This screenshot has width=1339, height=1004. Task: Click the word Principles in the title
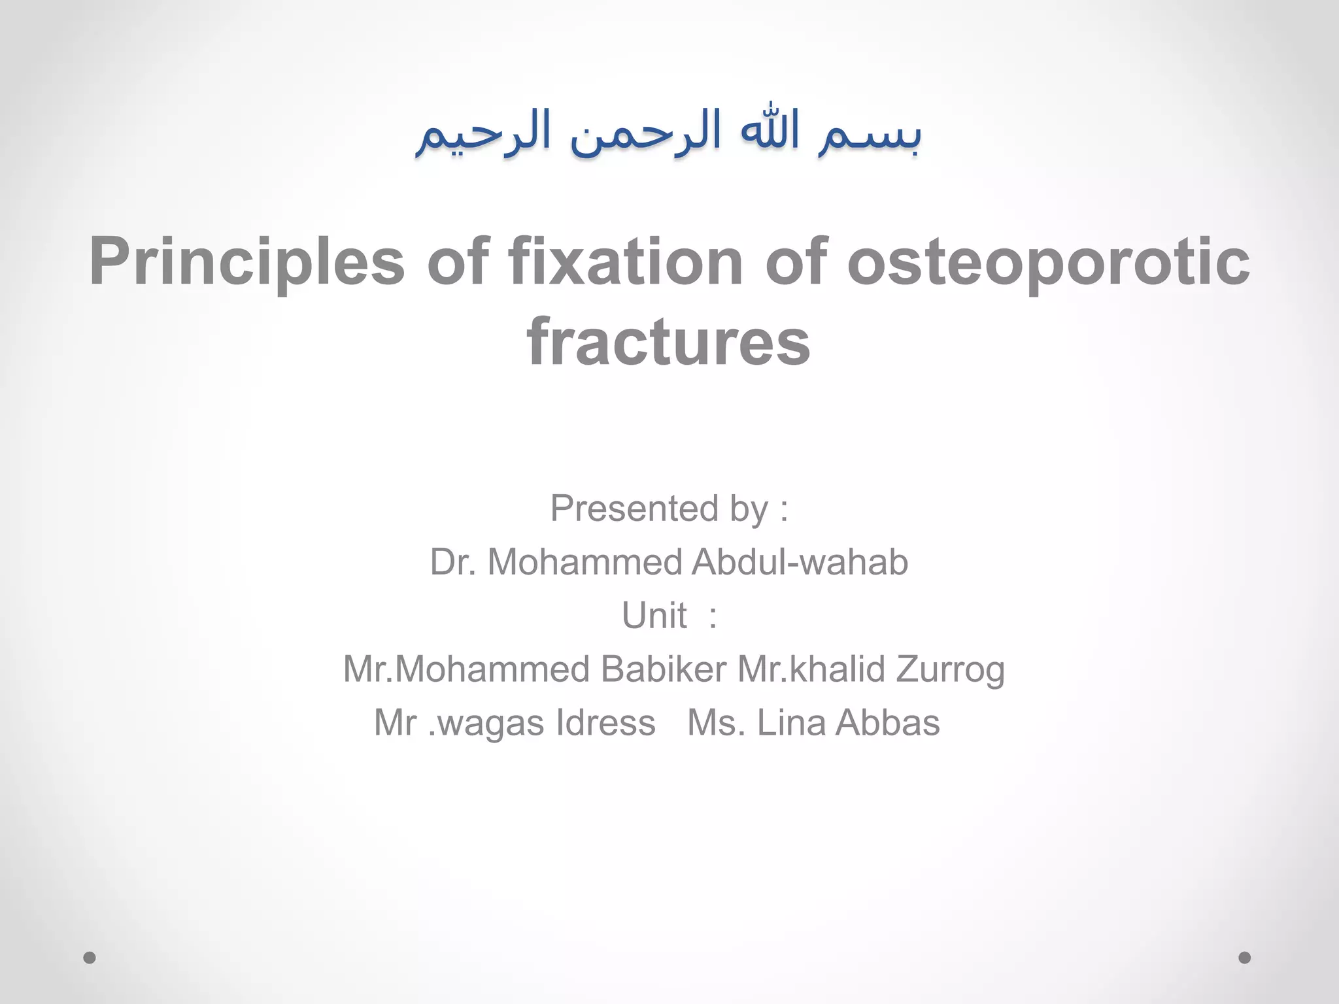pos(247,263)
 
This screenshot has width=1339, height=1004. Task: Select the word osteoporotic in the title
pos(1048,263)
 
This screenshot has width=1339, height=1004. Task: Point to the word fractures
pos(668,343)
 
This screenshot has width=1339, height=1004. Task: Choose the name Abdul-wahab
pos(799,562)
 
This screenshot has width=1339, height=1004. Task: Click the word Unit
pos(653,616)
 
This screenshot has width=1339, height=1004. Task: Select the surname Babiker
pos(663,669)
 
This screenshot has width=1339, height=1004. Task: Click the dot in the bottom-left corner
pos(90,958)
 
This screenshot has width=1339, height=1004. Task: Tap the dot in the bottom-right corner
pos(1245,958)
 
